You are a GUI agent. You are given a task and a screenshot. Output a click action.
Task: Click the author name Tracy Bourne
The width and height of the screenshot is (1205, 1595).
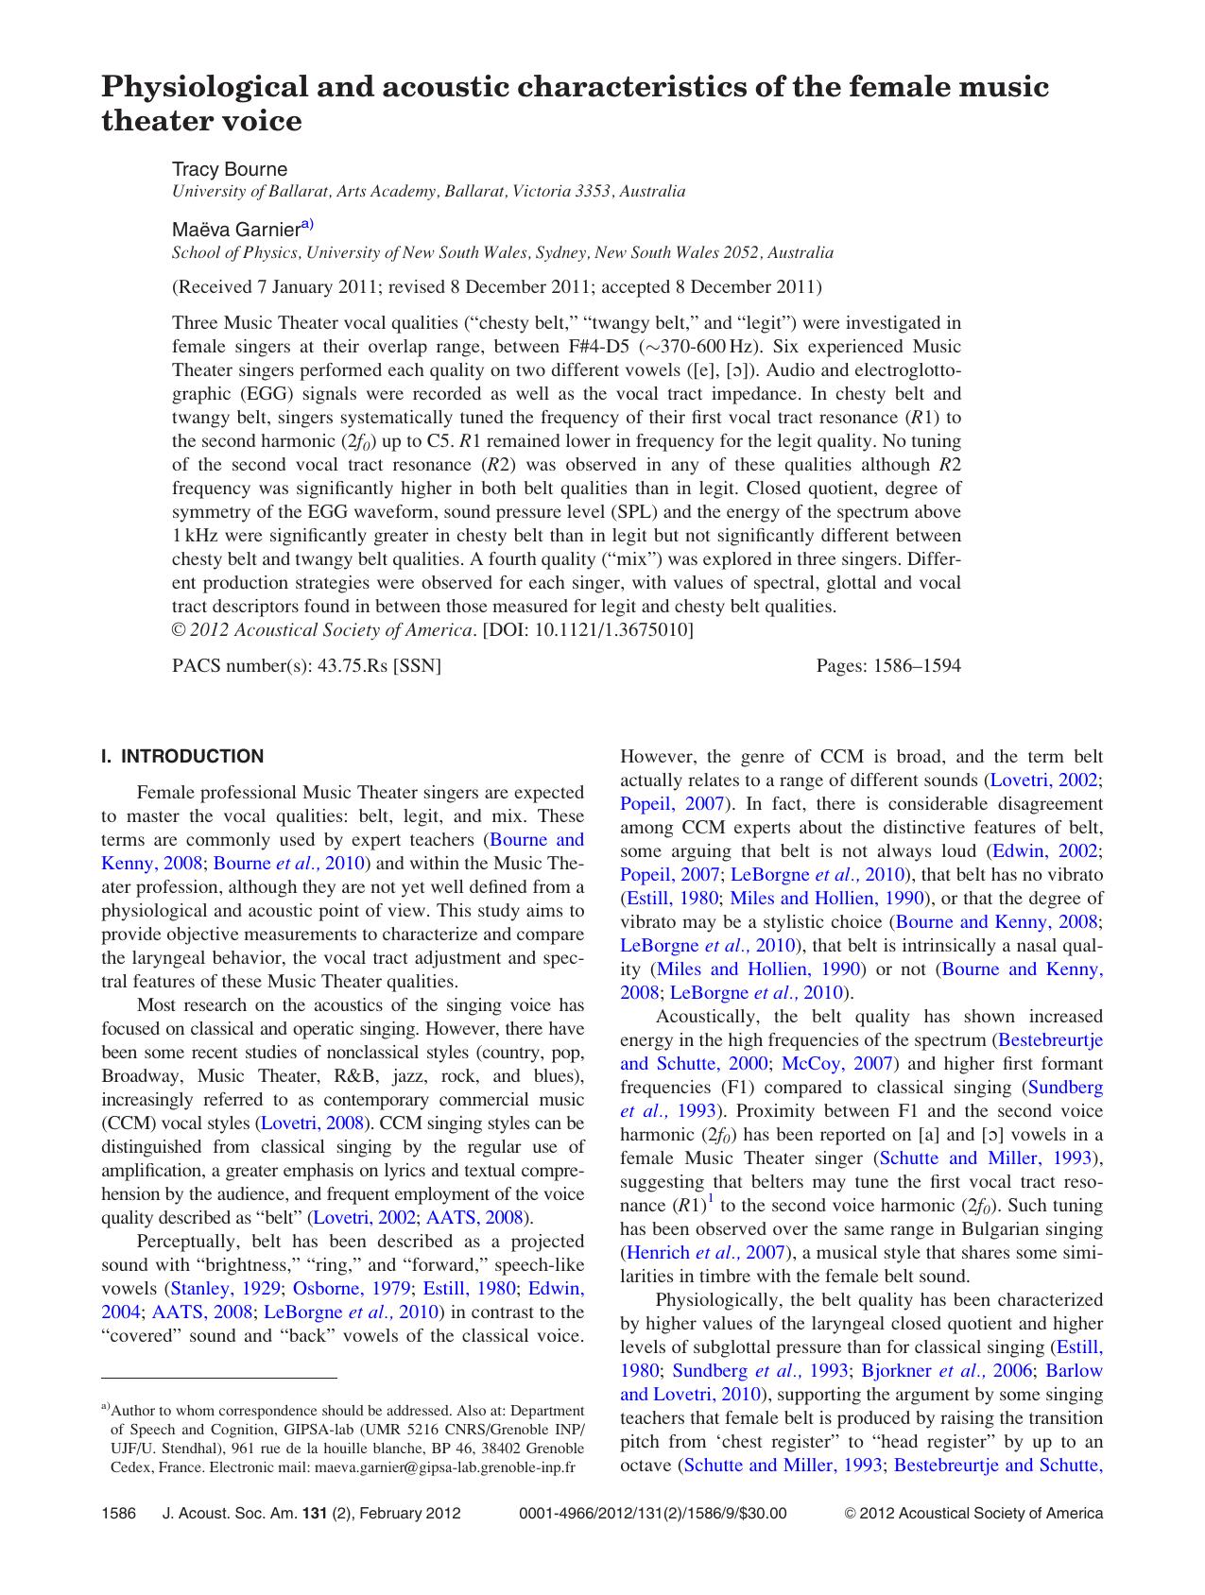pyautogui.click(x=229, y=169)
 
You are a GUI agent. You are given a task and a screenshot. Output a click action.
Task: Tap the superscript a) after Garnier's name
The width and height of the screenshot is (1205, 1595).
pyautogui.click(x=306, y=225)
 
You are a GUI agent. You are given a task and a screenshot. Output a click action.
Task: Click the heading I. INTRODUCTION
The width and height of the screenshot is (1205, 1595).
pyautogui.click(x=182, y=756)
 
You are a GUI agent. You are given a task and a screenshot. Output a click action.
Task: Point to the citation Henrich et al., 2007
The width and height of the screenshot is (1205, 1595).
pyautogui.click(x=703, y=1253)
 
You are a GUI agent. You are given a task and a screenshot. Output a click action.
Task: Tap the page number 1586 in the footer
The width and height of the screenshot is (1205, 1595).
pyautogui.click(x=119, y=1513)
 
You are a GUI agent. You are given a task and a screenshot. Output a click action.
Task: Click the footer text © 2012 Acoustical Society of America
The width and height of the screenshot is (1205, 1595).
pyautogui.click(x=973, y=1513)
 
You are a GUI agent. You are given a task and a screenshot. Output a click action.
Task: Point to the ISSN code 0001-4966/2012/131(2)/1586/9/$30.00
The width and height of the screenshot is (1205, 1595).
pyautogui.click(x=652, y=1513)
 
